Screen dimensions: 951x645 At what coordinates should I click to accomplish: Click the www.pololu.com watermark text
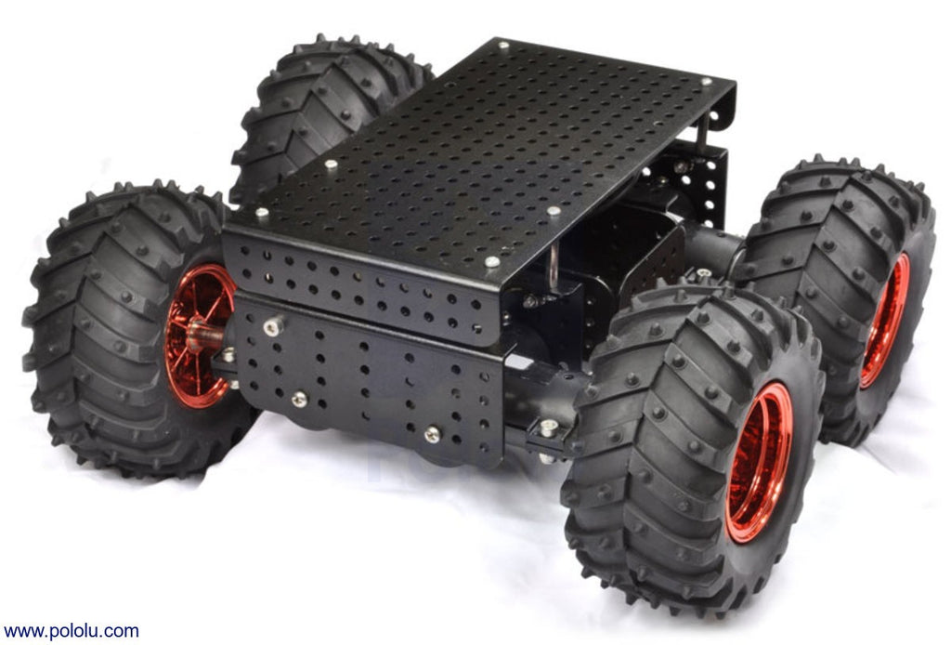[71, 631]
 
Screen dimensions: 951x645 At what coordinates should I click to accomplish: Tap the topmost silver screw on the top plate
[503, 45]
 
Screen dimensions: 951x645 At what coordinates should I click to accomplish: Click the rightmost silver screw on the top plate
[706, 81]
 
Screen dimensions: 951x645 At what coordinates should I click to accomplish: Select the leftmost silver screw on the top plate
[261, 213]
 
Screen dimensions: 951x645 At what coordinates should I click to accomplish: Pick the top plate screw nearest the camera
[492, 261]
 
